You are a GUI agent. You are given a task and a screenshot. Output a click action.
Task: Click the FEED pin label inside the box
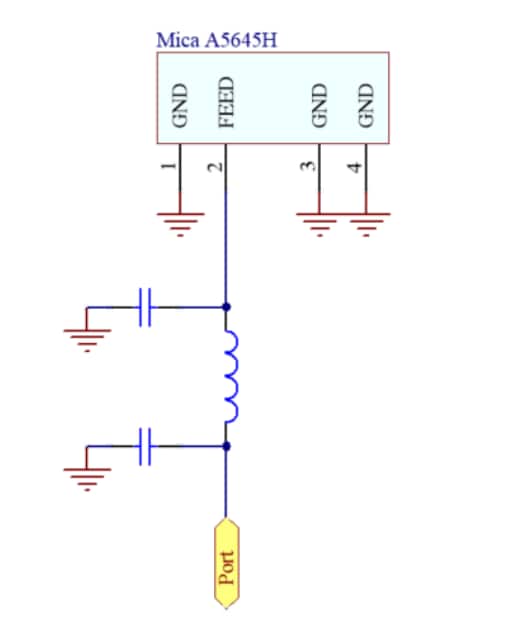[x=227, y=103]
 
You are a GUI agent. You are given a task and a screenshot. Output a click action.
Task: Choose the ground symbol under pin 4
[x=366, y=222]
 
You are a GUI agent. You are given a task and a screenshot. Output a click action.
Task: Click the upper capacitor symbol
[x=146, y=307]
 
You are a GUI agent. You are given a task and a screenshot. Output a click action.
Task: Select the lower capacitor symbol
[x=146, y=446]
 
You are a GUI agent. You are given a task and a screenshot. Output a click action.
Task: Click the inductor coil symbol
[x=231, y=377]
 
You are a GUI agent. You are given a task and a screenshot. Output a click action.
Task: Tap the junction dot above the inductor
[x=228, y=307]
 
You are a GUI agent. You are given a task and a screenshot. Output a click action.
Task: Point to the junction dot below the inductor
[x=228, y=446]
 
